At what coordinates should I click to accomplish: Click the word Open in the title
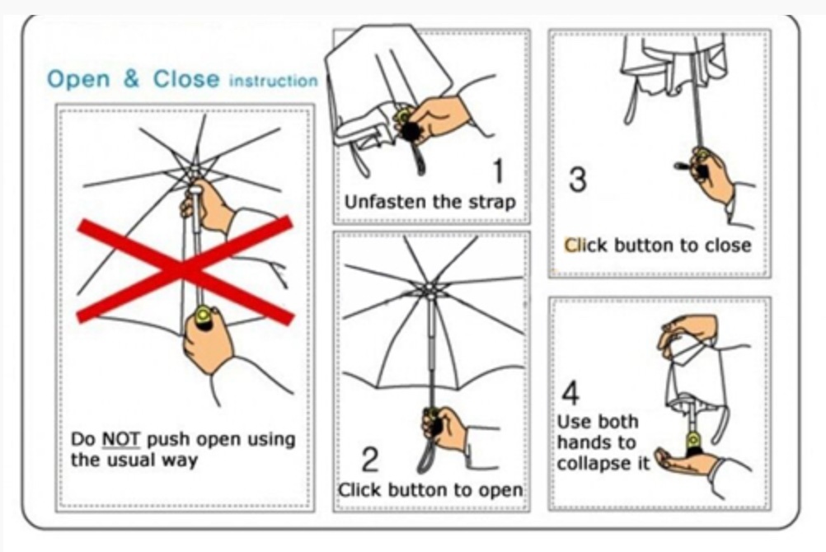pos(78,80)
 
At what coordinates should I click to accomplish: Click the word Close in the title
pos(186,79)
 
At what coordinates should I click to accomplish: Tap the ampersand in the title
pos(131,79)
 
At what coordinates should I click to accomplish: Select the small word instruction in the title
pos(274,81)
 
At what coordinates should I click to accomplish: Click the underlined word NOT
pos(120,439)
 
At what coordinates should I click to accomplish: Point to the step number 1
pos(498,171)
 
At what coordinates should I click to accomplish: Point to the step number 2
pos(370,459)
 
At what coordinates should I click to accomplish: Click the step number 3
pos(578,179)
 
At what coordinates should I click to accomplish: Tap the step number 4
pos(570,392)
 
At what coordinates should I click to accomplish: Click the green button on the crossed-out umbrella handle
pos(203,316)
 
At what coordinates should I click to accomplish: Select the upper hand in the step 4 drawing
pos(687,331)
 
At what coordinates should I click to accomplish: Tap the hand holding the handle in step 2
pos(445,428)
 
